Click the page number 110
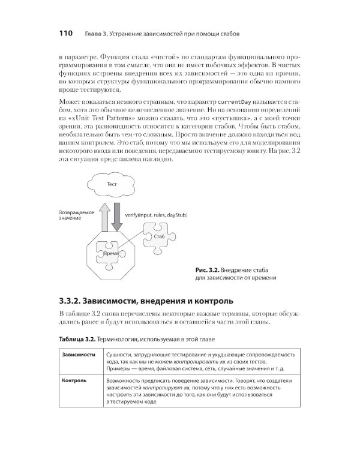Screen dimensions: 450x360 point(65,32)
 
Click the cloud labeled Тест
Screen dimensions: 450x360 point(111,184)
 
